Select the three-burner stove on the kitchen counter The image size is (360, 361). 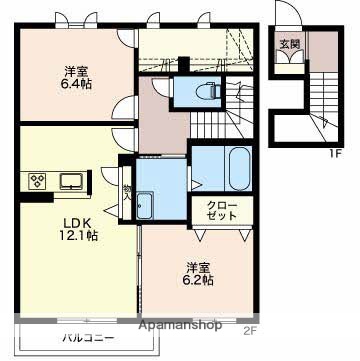pos(36,181)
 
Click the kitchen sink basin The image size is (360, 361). pos(71,181)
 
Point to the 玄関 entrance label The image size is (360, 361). pos(289,44)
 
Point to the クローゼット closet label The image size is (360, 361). pos(221,210)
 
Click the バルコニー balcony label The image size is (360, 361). pos(89,339)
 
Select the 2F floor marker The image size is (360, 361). pos(250,331)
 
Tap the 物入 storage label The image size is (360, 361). pos(127,193)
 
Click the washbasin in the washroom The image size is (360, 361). pos(145,205)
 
